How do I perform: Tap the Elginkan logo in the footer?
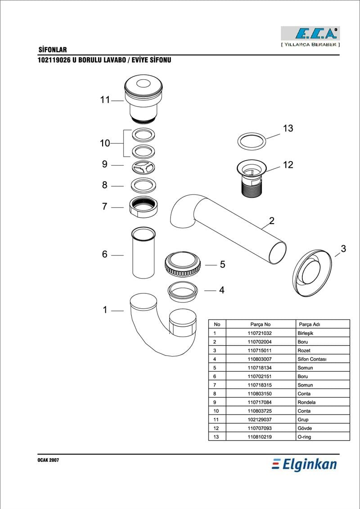(304, 464)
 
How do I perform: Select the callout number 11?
(105, 100)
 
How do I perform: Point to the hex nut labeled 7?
(143, 207)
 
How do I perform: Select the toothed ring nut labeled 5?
(183, 264)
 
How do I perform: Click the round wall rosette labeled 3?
(312, 272)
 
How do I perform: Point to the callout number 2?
(272, 221)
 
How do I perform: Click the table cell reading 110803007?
(260, 359)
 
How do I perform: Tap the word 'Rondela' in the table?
(306, 402)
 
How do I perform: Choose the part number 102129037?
(260, 419)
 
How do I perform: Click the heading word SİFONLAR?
(53, 50)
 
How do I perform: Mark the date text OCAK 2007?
(48, 460)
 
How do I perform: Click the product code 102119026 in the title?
(54, 60)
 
